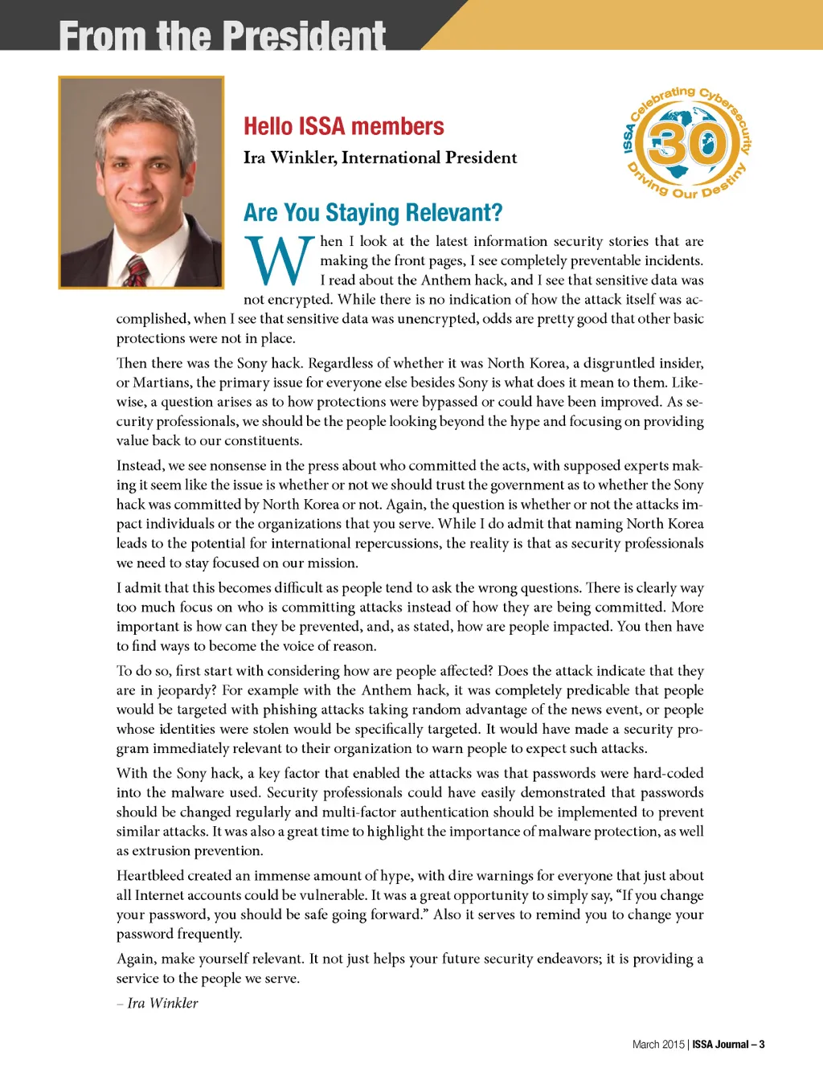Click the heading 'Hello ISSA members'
(x=343, y=126)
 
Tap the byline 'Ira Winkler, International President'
(x=380, y=158)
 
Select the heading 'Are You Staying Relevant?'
(x=373, y=212)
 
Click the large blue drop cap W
(x=278, y=260)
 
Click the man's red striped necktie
(x=137, y=272)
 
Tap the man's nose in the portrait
(x=142, y=178)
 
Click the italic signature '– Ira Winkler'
(x=158, y=1003)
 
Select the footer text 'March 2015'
(x=657, y=1045)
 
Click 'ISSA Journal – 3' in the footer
(x=728, y=1045)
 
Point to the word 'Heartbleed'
(x=149, y=875)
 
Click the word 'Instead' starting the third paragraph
(x=139, y=465)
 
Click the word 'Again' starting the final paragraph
(x=134, y=959)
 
